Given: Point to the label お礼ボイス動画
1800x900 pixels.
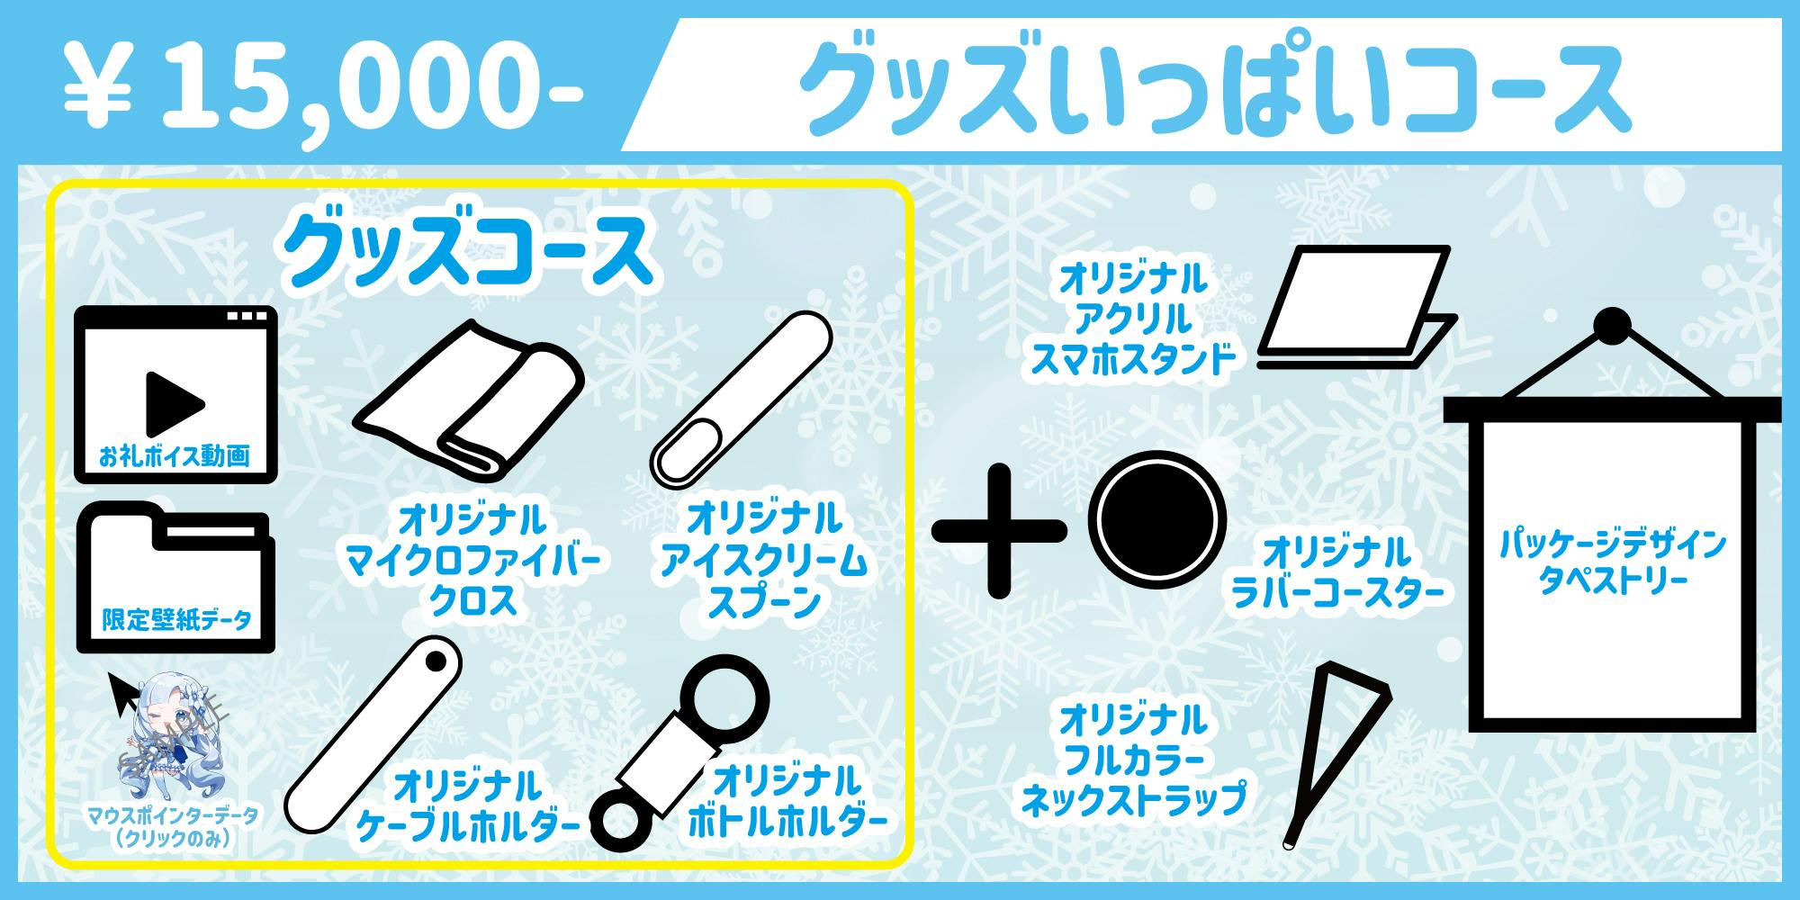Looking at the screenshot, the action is click(175, 457).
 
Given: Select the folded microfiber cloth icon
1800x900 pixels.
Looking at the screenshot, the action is click(468, 396).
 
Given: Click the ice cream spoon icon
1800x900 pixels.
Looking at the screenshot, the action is click(740, 401).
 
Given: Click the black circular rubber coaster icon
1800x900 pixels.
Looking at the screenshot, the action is click(1156, 523).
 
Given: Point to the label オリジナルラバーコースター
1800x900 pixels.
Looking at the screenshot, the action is click(1336, 571).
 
